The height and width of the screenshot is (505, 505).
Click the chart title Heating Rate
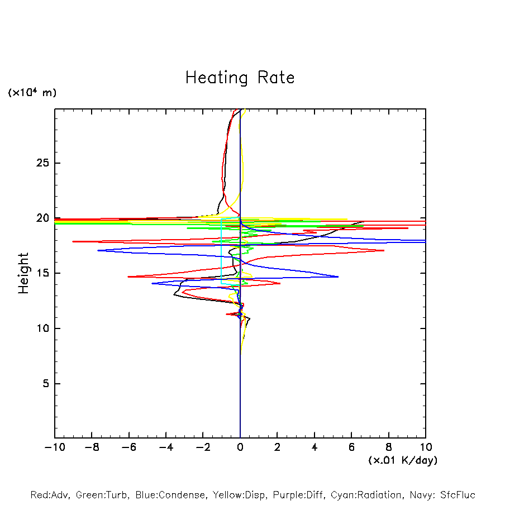click(x=240, y=78)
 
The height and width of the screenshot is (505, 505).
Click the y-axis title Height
click(x=23, y=273)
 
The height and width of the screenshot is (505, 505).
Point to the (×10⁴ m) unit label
click(x=32, y=93)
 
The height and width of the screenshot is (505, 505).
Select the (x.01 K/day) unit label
click(x=403, y=460)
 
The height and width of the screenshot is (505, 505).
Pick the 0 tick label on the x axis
click(x=240, y=447)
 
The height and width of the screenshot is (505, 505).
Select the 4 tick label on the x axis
click(x=315, y=447)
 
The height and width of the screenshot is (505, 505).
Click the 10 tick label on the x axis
click(x=425, y=447)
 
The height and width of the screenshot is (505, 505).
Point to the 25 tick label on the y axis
click(x=37, y=163)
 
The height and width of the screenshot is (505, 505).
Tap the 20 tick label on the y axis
click(x=37, y=218)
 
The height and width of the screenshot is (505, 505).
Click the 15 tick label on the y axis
click(x=37, y=273)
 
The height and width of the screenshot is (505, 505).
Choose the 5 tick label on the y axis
click(x=41, y=384)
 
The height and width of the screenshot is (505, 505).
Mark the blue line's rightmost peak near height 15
click(x=338, y=277)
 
